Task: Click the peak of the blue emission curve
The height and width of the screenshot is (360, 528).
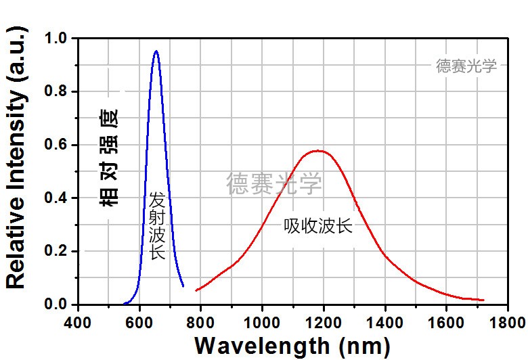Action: click(x=156, y=51)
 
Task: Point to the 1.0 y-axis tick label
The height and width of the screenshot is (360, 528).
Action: click(x=56, y=39)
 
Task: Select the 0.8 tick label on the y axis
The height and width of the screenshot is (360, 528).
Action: click(x=56, y=92)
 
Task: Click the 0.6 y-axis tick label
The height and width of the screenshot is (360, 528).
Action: click(x=56, y=145)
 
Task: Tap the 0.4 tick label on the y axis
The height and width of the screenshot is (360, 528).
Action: click(x=56, y=198)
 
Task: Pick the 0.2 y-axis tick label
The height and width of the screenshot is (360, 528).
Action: click(x=56, y=252)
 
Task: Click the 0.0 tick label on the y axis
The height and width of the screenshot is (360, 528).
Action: click(x=56, y=305)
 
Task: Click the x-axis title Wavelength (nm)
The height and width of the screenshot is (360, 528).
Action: click(x=292, y=345)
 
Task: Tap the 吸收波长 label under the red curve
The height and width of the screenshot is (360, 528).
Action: click(x=318, y=226)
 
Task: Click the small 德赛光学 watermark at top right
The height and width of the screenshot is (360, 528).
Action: click(x=466, y=66)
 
